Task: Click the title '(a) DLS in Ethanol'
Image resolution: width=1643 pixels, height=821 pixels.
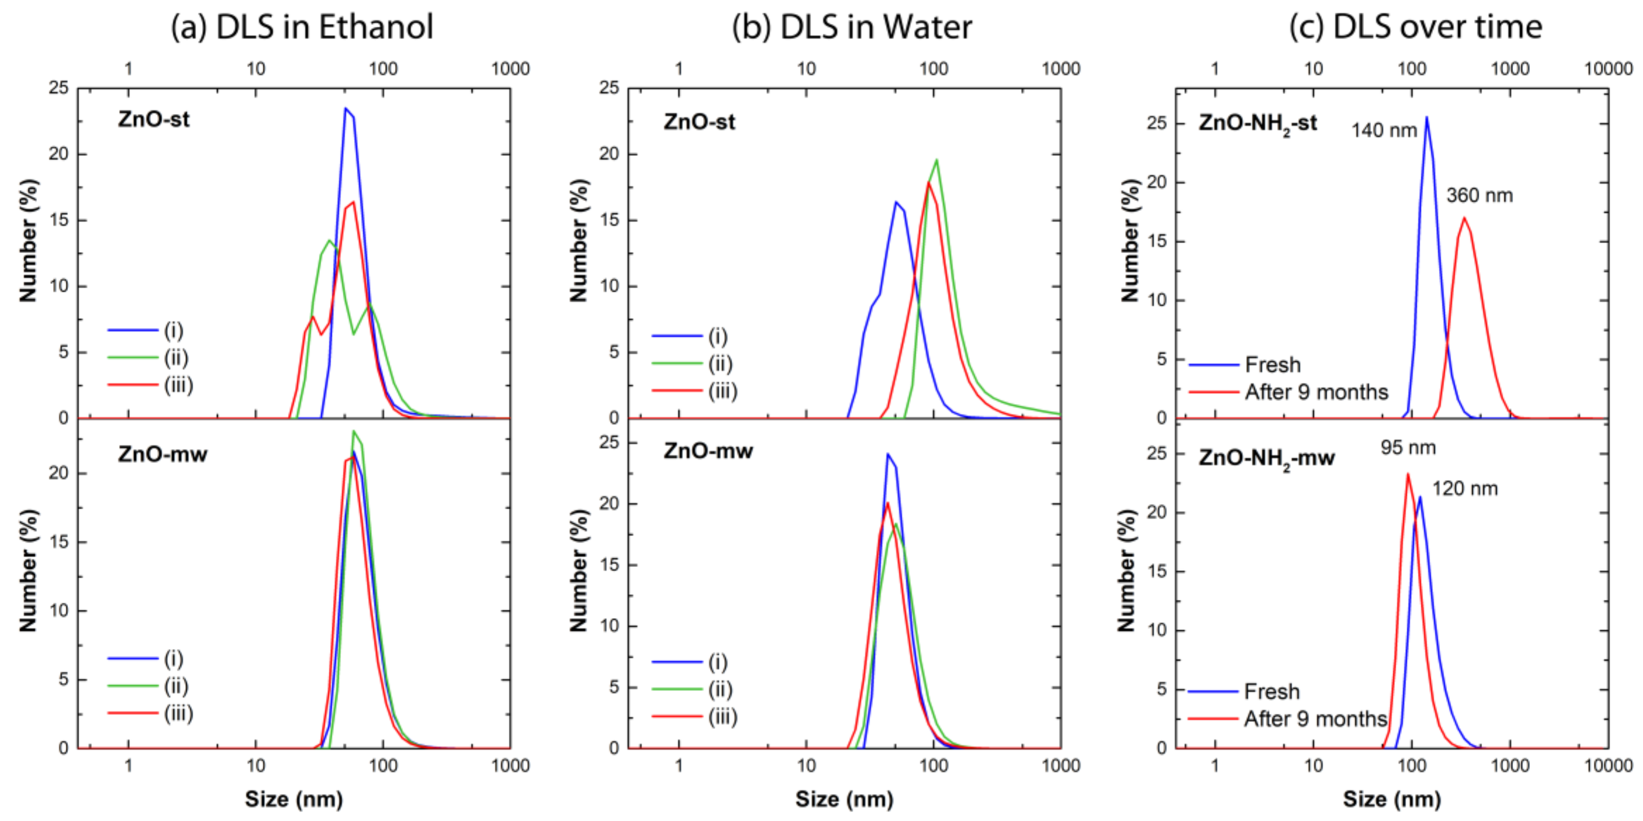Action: [301, 27]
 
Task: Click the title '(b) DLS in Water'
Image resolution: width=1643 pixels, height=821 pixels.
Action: [852, 27]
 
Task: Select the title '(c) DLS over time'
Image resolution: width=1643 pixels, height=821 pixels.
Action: [1415, 27]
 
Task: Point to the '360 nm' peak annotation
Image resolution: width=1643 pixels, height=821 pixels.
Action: [1479, 196]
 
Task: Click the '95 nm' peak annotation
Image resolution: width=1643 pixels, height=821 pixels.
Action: [1408, 448]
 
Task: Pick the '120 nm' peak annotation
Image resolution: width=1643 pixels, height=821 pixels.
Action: [1464, 489]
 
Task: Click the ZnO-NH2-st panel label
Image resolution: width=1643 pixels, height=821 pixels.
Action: [1257, 123]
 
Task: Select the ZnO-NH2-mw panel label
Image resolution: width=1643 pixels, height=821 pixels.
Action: [1266, 458]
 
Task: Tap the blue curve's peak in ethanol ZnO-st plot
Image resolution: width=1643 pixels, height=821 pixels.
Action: [346, 108]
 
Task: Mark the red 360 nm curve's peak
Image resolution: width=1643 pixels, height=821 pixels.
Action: [1463, 218]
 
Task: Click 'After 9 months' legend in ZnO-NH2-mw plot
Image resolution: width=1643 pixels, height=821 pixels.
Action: [1315, 719]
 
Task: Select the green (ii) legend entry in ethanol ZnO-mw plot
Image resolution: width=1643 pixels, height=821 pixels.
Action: [175, 687]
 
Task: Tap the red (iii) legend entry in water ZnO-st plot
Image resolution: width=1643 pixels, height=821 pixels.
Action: [722, 391]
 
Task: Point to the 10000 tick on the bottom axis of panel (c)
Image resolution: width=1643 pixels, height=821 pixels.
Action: [1608, 766]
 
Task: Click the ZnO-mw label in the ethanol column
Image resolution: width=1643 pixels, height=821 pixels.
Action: [162, 455]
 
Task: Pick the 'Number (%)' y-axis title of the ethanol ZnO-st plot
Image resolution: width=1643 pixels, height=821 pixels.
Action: [28, 240]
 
